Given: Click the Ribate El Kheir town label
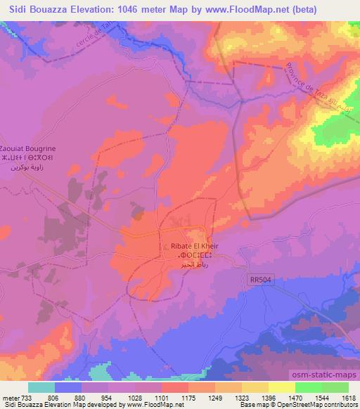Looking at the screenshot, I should pyautogui.click(x=187, y=247).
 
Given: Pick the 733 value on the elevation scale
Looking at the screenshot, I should pyautogui.click(x=29, y=398).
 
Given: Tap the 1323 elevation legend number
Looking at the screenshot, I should pyautogui.click(x=240, y=398).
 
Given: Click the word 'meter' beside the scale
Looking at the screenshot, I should pyautogui.click(x=11, y=398).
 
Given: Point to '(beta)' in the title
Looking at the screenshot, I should pyautogui.click(x=300, y=10).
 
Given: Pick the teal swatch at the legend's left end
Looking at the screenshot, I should pyautogui.click(x=41, y=387).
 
